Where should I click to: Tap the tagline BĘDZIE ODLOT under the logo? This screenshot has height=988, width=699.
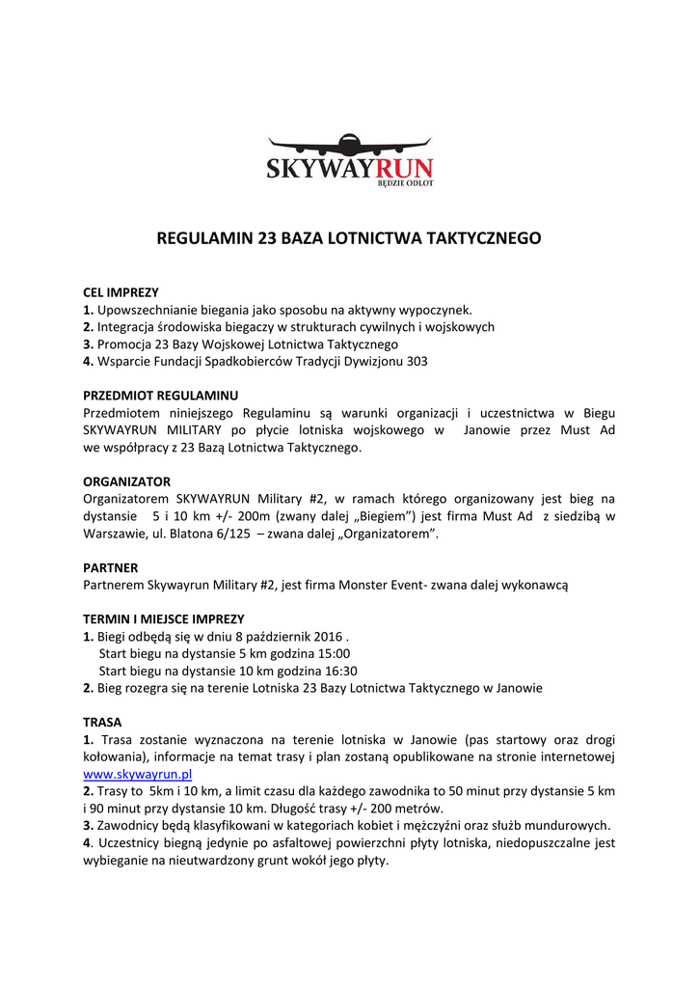[x=404, y=183]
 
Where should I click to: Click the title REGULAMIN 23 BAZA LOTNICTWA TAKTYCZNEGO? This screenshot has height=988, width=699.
[x=349, y=236]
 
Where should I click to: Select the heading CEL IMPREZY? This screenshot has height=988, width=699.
[x=121, y=292]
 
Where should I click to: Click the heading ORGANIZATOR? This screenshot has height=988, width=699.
[x=126, y=481]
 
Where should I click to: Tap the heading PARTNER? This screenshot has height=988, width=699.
[x=110, y=568]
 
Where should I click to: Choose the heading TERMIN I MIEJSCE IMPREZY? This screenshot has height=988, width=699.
[x=164, y=619]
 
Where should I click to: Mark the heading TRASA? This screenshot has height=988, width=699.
[x=101, y=722]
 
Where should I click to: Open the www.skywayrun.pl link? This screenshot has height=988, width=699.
[x=138, y=774]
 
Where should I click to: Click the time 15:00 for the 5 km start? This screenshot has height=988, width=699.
[x=334, y=654]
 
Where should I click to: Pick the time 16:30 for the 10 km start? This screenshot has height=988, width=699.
[x=340, y=672]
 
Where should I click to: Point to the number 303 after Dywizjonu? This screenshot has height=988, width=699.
[x=416, y=361]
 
